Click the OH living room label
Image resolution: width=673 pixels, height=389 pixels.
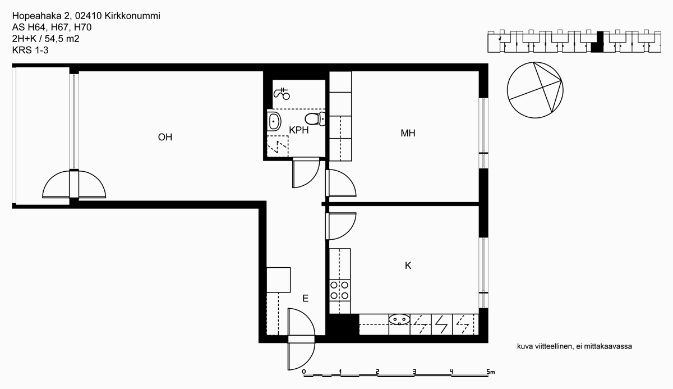[165, 137]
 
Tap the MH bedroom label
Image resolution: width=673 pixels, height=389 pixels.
[408, 133]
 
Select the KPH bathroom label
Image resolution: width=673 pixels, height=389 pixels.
[298, 130]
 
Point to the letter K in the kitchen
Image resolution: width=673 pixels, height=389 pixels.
[408, 266]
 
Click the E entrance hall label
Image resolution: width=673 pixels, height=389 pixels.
[305, 298]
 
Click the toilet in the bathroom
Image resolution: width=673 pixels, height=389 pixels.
[315, 119]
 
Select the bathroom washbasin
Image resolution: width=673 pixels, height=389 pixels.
[274, 121]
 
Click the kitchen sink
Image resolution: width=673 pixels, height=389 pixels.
[399, 319]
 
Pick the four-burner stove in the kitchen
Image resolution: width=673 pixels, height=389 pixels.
[339, 290]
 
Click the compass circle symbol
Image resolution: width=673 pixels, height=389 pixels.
[535, 90]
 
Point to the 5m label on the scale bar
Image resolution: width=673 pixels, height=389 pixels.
[491, 372]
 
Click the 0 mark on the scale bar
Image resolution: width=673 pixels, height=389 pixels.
[304, 372]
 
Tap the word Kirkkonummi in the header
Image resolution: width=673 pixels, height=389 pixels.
[132, 16]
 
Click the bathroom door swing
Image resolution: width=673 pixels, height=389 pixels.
[306, 172]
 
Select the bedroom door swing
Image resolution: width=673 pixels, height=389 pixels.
[341, 183]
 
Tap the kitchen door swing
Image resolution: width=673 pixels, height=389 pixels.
[341, 226]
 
